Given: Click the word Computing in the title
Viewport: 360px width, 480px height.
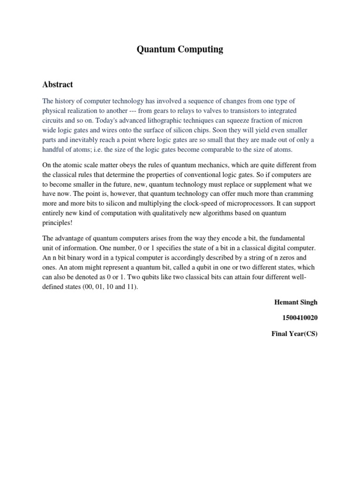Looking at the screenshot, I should pyautogui.click(x=199, y=50).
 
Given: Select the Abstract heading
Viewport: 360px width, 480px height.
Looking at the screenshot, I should pyautogui.click(x=58, y=84).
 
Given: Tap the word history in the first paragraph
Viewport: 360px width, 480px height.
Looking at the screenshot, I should pyautogui.click(x=67, y=101).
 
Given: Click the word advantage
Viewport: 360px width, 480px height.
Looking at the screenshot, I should pyautogui.click(x=71, y=238).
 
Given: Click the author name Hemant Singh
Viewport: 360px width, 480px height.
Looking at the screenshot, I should pyautogui.click(x=296, y=302).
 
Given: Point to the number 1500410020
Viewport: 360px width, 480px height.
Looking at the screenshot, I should pyautogui.click(x=300, y=318).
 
